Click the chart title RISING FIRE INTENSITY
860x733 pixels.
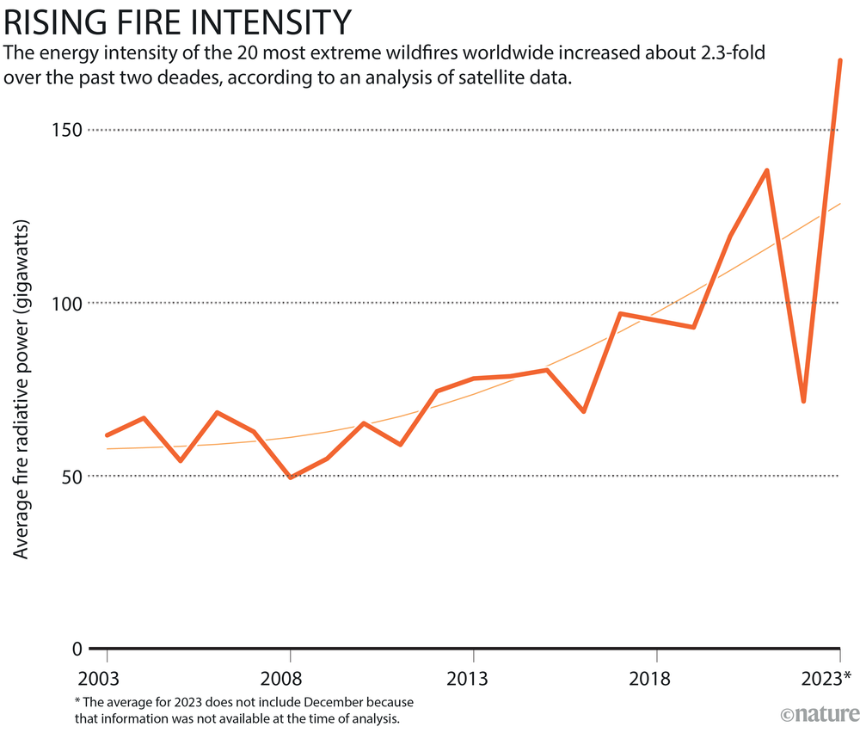pos(178,21)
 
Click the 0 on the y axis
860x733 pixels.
pos(77,649)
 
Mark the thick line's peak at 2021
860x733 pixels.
pos(766,170)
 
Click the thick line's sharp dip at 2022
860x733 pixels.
pos(803,401)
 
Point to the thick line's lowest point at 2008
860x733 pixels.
pos(290,477)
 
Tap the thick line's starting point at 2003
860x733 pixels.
pos(107,435)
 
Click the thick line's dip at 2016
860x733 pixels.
pos(584,411)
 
